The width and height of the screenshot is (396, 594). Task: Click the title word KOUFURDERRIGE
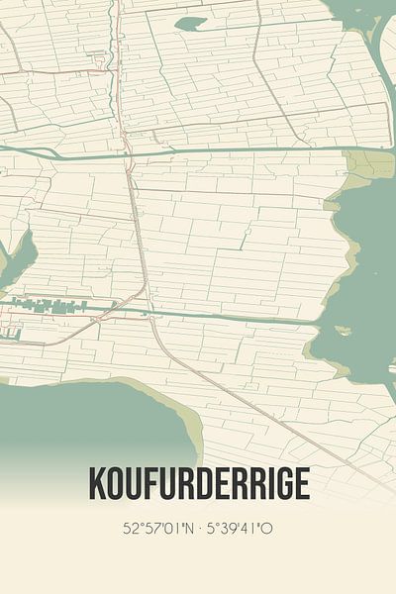(198, 482)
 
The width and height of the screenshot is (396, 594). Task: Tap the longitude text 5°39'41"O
(239, 528)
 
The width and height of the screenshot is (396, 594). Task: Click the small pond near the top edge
(190, 23)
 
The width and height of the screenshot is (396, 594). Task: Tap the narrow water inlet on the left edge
(15, 259)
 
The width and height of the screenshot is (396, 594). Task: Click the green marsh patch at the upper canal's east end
(368, 164)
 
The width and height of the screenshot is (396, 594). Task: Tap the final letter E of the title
(300, 482)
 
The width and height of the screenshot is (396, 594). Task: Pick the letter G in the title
(279, 482)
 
